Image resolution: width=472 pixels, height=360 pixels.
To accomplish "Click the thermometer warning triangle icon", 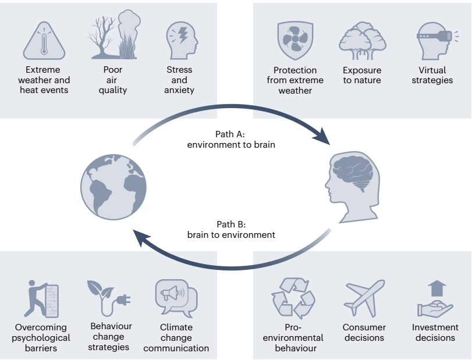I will tap(44, 42).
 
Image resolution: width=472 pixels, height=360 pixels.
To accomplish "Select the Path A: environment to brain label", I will tap(231, 140).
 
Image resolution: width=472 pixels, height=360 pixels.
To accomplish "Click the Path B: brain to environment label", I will tap(231, 230).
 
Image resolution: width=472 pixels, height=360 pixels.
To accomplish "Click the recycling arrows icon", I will tap(293, 299).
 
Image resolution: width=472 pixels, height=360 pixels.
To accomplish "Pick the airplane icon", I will tap(364, 298).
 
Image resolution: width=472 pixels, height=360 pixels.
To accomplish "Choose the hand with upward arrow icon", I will tap(435, 299).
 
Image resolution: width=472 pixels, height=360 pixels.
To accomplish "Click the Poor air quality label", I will tap(113, 80).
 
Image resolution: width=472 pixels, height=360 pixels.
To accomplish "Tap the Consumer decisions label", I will tap(364, 333).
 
